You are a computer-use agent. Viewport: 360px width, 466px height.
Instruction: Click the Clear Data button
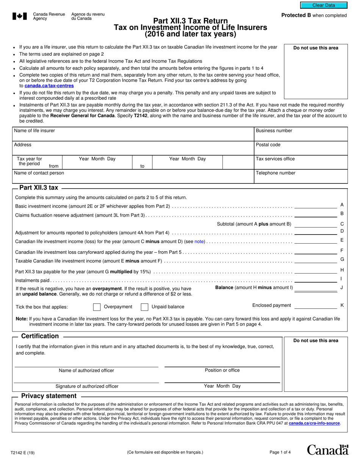[324, 5]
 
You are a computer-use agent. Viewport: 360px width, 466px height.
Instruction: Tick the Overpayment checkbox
[97, 307]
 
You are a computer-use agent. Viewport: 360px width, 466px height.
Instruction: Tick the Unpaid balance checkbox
[144, 307]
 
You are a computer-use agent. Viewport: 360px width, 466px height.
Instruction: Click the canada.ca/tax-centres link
[49, 86]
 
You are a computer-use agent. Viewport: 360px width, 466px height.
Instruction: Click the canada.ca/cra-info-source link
[314, 423]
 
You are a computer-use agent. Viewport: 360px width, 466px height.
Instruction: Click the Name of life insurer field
[133, 136]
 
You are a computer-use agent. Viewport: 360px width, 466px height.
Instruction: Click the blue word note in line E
[199, 241]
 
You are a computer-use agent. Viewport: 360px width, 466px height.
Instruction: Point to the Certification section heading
[40, 336]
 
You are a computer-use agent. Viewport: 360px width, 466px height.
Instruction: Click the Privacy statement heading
[49, 396]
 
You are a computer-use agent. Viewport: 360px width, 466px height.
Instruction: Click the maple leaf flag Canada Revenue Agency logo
[20, 16]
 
